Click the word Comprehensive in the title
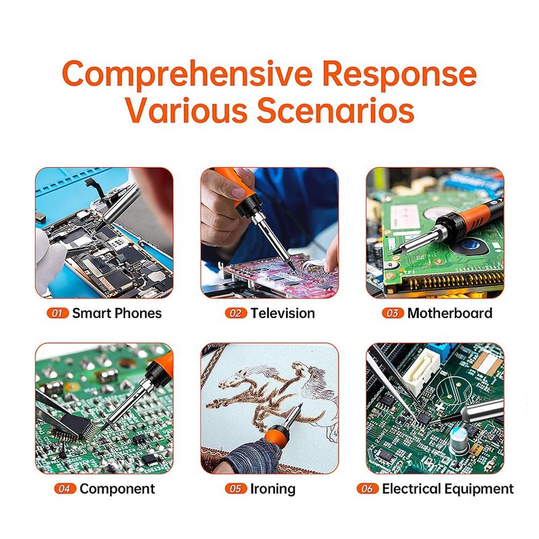click(187, 75)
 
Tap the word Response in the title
click(400, 75)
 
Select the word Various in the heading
click(186, 110)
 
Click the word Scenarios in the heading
click(336, 110)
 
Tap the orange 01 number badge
click(58, 313)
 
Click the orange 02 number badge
click(236, 313)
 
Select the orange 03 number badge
click(393, 313)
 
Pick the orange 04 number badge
click(65, 488)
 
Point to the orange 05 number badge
click(236, 488)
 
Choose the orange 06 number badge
click(367, 488)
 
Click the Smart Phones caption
click(117, 313)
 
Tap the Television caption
click(282, 313)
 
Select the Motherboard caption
click(449, 313)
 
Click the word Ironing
click(273, 489)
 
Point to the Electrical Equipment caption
click(447, 489)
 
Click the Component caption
click(117, 489)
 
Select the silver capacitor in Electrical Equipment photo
click(459, 441)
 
